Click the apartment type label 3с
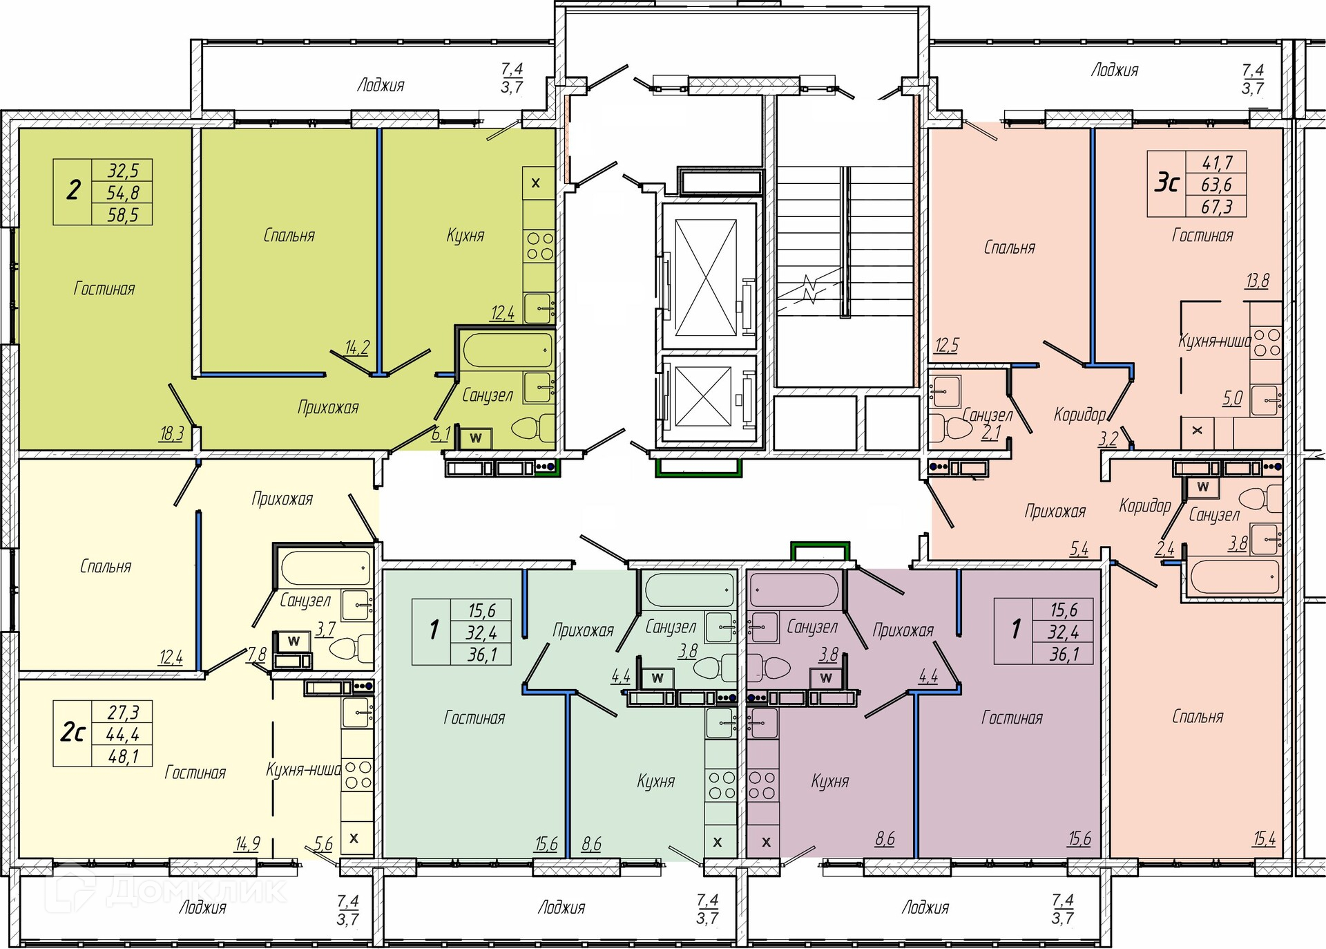tap(1166, 184)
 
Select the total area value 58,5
tap(123, 215)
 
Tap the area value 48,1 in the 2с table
tap(123, 756)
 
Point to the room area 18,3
tap(171, 433)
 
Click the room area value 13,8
tap(1257, 281)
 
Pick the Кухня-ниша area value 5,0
tap(1233, 398)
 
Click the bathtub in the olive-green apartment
tap(508, 350)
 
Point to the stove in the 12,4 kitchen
tap(539, 246)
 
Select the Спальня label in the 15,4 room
tap(1198, 717)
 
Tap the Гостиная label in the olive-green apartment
tap(104, 288)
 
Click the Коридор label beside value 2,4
tap(1145, 505)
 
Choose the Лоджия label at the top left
tap(381, 85)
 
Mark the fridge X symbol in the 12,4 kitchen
tap(535, 183)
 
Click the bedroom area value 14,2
tap(356, 347)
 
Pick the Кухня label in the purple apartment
tap(829, 781)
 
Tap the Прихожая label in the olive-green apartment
tap(328, 407)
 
